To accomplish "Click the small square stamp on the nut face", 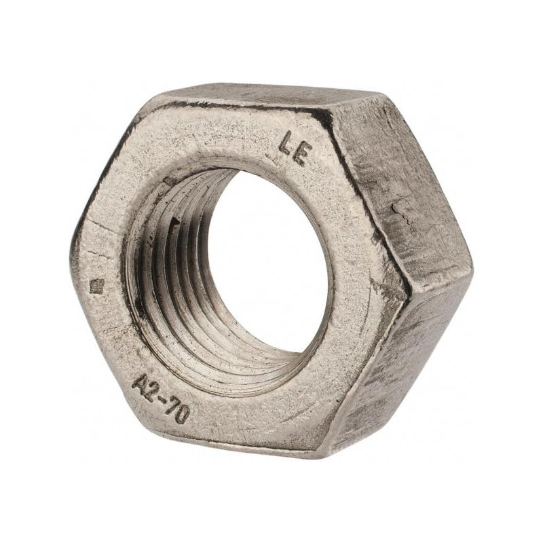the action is click(x=96, y=286).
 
